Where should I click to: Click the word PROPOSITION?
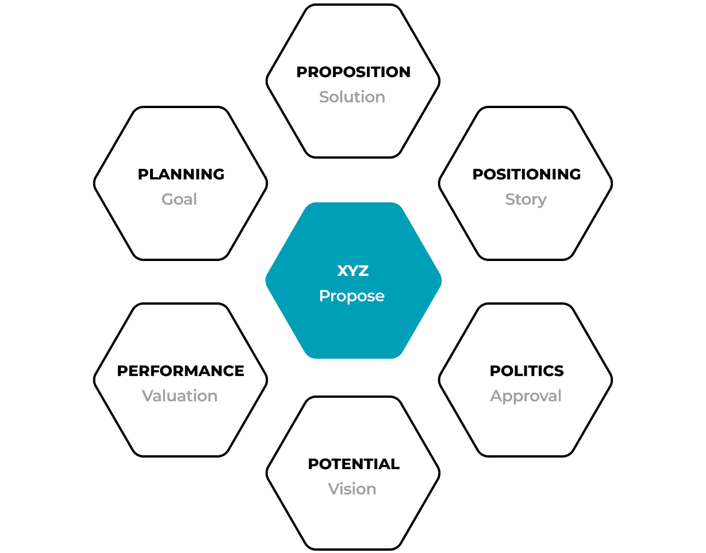(353, 72)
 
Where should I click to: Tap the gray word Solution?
(352, 97)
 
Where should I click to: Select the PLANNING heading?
(181, 174)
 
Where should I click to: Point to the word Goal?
(179, 199)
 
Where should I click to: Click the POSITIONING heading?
(526, 174)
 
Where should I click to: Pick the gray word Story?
(525, 199)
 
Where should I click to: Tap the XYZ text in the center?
(352, 271)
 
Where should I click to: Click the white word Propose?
(352, 296)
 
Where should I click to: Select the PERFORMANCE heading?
(181, 371)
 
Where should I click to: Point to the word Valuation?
(180, 396)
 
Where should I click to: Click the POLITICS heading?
(527, 371)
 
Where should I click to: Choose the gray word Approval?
(525, 396)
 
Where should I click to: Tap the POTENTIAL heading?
(354, 464)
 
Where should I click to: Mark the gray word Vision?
(352, 489)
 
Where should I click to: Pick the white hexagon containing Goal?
(181, 230)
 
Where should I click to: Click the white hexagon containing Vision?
(353, 520)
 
